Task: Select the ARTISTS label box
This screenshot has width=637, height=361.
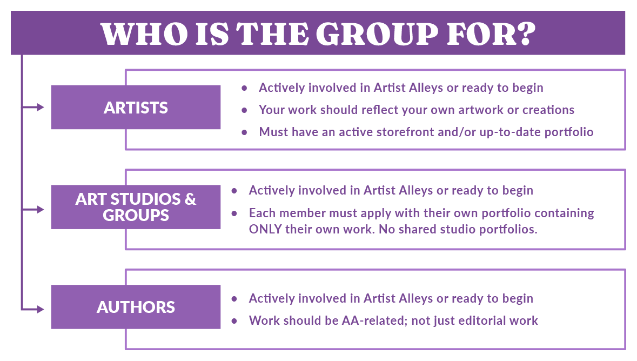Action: (136, 108)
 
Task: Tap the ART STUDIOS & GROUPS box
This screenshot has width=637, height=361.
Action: (136, 207)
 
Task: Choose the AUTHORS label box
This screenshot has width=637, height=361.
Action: (136, 307)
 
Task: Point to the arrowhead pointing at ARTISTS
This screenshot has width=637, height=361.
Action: (41, 108)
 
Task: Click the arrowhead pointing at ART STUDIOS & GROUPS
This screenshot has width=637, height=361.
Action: (41, 209)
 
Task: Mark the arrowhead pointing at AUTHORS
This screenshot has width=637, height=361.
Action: (41, 309)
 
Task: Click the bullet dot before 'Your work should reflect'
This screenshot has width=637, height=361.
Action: (244, 110)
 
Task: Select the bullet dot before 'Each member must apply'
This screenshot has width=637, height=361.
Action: (234, 213)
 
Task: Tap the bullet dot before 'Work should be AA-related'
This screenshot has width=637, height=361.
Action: (234, 321)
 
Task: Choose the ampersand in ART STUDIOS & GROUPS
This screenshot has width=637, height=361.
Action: (190, 199)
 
